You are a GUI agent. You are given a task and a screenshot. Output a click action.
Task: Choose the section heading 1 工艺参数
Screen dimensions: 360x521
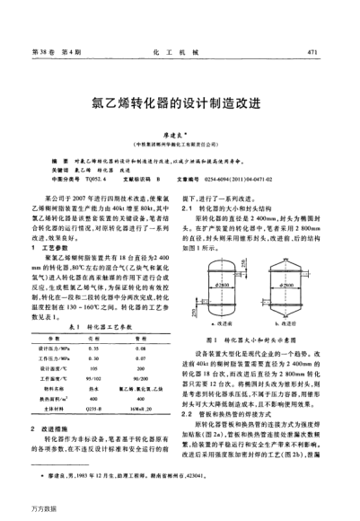64,245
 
